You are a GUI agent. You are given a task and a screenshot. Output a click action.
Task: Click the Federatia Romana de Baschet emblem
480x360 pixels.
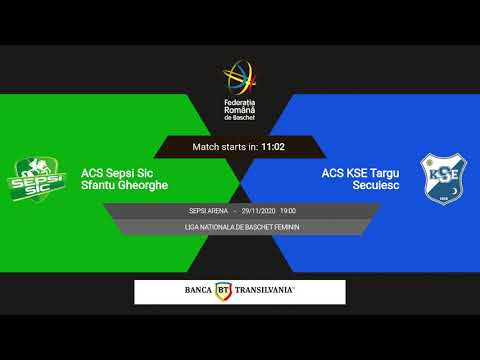tap(239, 79)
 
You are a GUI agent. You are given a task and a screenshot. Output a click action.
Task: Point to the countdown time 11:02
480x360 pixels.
tap(273, 147)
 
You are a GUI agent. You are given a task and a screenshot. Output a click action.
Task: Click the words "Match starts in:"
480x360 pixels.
tap(225, 147)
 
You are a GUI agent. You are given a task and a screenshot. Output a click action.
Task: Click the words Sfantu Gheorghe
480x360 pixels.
tap(124, 185)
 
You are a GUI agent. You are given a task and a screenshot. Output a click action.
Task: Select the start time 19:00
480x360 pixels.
tap(288, 212)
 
